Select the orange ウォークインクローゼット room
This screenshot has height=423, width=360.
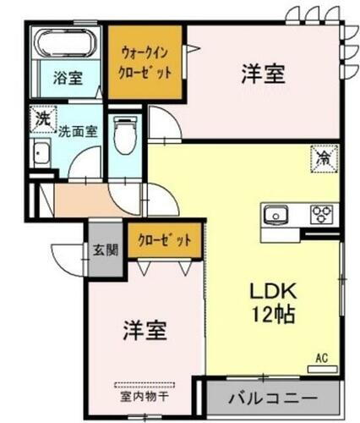pos(145,60)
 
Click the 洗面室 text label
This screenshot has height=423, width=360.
pos(77,131)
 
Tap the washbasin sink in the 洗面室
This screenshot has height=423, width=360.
pos(41,156)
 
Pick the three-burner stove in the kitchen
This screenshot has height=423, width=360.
pos(321,214)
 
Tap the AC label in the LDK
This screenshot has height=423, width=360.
pos(321,359)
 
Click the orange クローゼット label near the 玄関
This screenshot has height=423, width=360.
pos(164,240)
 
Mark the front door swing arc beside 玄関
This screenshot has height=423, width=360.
pos(68,254)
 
